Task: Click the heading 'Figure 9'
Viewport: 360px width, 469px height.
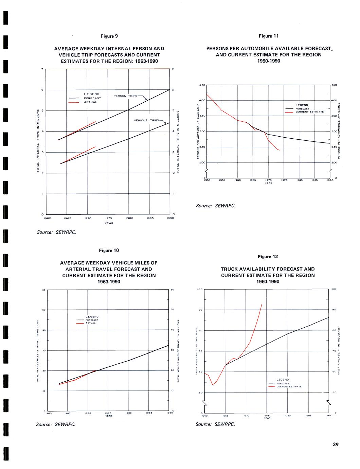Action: [x=109, y=36]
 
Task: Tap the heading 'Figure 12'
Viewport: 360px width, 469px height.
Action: [x=268, y=257]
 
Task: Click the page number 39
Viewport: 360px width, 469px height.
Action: [x=336, y=445]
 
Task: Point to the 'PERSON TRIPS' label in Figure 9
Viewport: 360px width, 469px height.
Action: [x=125, y=96]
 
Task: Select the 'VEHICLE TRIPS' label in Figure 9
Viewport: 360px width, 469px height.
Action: [x=146, y=120]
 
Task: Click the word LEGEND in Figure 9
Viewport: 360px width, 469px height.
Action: [x=92, y=94]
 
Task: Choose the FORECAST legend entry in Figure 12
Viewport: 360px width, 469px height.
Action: [x=283, y=383]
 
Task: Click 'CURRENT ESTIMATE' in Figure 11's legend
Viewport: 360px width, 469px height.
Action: [x=309, y=112]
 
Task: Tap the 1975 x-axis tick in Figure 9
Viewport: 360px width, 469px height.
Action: [x=109, y=219]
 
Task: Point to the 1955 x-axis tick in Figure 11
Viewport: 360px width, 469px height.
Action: [x=222, y=180]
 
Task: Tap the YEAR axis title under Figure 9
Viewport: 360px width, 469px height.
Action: [x=109, y=223]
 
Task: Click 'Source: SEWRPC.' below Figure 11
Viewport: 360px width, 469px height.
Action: [x=215, y=206]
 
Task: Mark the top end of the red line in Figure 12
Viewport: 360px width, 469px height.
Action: [x=262, y=304]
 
